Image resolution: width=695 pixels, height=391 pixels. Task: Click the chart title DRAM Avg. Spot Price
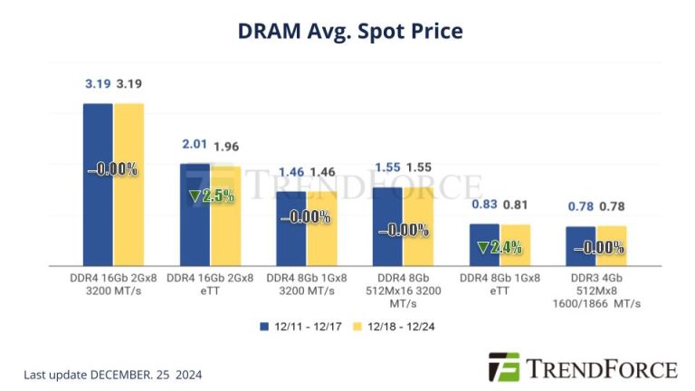[349, 31]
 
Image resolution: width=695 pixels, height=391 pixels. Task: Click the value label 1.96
[226, 147]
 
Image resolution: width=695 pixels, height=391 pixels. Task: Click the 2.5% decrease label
[211, 195]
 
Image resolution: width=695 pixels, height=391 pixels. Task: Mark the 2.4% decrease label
[500, 247]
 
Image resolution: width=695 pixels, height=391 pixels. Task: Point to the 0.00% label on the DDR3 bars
[596, 247]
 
